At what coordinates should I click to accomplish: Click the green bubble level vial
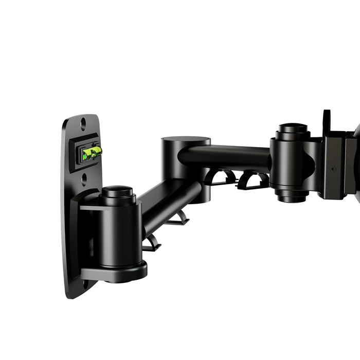(90, 152)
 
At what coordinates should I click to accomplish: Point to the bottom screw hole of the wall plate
(85, 283)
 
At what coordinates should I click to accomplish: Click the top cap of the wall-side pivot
(117, 191)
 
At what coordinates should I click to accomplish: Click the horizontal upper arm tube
(226, 157)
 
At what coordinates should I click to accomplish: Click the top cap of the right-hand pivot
(294, 128)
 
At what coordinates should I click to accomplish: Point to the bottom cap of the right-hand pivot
(292, 196)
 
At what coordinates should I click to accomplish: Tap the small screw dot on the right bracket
(333, 168)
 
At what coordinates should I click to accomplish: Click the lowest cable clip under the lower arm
(151, 244)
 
